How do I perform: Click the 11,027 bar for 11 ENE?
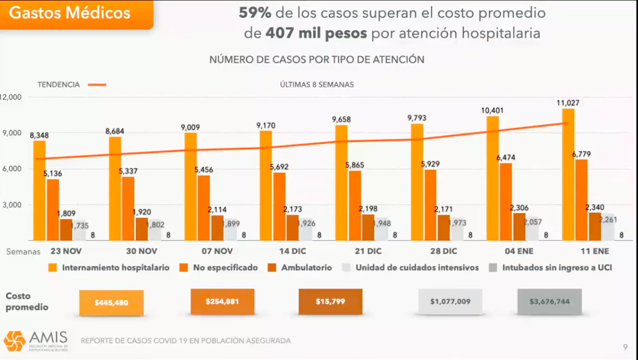tap(568, 175)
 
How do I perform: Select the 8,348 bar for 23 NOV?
tap(39, 191)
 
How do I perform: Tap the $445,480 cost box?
tap(111, 303)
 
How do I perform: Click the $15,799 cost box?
tap(330, 302)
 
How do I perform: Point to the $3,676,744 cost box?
tap(549, 302)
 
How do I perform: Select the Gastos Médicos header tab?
tap(70, 13)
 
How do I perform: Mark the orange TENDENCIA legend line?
tap(97, 84)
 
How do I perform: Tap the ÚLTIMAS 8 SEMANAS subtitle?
tap(317, 84)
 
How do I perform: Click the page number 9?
tap(625, 346)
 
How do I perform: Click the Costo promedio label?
tap(27, 301)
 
